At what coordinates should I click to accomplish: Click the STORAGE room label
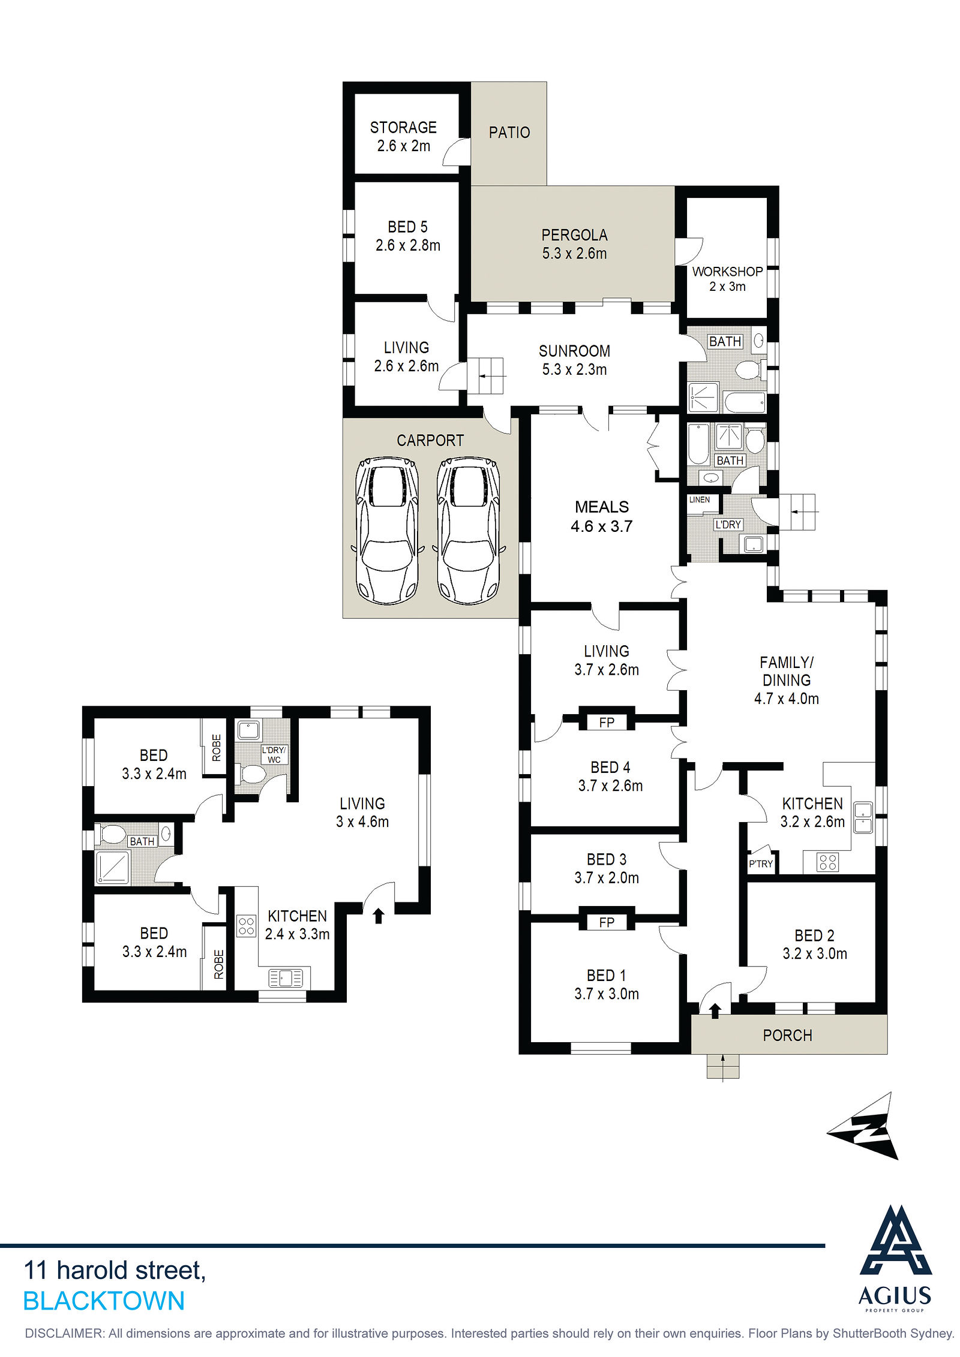pos(403,128)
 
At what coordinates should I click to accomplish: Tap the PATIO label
pos(509,133)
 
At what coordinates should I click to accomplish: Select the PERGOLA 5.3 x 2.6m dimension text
pos(574,254)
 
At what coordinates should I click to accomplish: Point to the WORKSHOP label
pos(727,272)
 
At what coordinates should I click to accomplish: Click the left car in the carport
pos(387,531)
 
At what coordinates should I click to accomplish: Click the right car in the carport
pos(468,531)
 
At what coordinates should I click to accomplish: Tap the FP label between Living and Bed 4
pos(607,723)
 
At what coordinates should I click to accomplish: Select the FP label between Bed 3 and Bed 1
pos(607,922)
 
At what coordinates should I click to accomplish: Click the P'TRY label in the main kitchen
pos(761,864)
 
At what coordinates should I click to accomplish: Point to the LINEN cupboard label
pos(700,500)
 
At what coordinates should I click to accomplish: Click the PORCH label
pos(787,1036)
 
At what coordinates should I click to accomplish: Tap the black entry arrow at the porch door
pos(715,1011)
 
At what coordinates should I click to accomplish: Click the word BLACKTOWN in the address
pos(104,1301)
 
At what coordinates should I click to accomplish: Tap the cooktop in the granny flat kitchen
pos(246,926)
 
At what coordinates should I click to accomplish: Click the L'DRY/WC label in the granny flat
pos(274,755)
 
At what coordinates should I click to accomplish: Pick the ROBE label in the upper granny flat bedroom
pos(217,748)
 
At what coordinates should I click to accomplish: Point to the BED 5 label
pos(407,227)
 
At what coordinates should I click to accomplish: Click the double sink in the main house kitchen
pos(863,817)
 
